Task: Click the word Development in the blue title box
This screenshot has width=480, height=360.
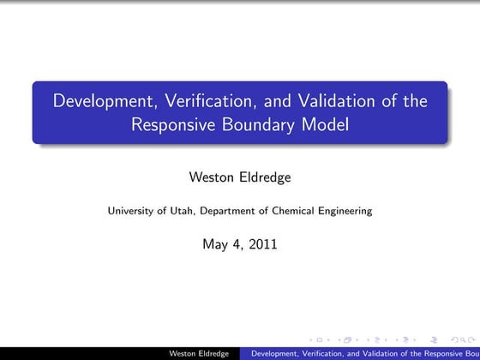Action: (100, 102)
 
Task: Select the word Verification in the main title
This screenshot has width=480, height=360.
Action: (198, 102)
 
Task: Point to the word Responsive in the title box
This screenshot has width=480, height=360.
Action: (171, 125)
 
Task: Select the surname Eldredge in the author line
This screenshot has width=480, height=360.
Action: (267, 178)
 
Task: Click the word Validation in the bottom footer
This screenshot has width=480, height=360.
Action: (364, 352)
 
